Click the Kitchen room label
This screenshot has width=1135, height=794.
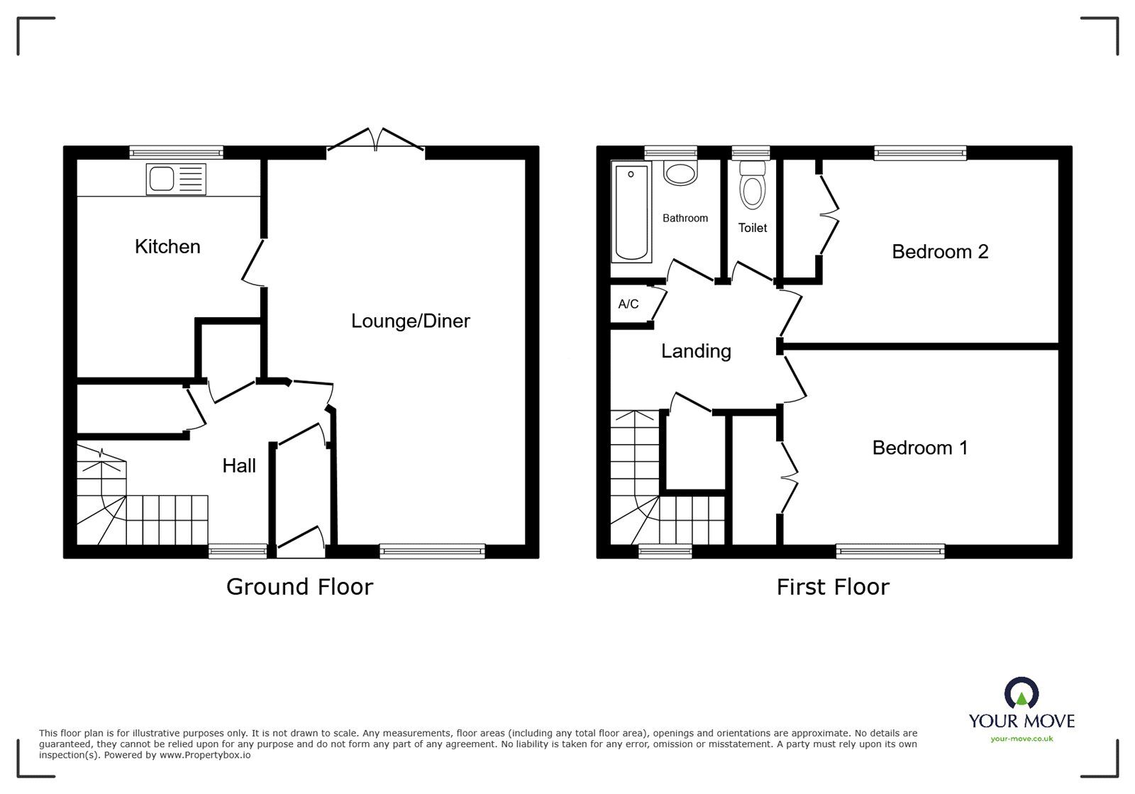coord(167,247)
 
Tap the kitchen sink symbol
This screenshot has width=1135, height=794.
coord(176,179)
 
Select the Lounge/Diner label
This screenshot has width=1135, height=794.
coord(410,321)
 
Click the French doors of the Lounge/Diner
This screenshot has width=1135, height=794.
coord(376,140)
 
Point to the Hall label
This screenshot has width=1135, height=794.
coord(239,466)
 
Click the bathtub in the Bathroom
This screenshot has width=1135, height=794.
coord(631,211)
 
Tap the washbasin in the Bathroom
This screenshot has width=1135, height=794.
coord(680,172)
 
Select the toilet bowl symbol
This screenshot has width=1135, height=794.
coord(752,187)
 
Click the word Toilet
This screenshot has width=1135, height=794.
coord(752,228)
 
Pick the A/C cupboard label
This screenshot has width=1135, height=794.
coord(629,304)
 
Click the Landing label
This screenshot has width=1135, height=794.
coord(696,351)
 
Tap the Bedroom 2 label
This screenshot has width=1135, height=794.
coord(940,252)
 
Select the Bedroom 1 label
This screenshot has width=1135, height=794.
coord(920,448)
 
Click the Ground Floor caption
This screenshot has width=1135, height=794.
coord(299,587)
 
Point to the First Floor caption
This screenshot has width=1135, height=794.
coord(832,587)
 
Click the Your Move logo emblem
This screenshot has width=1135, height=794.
coord(1021,693)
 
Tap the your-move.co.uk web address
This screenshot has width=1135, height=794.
coord(1021,739)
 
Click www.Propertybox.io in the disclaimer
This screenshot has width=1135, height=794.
coord(204,755)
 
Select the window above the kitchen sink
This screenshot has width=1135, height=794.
coord(177,152)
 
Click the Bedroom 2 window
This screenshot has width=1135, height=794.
coord(920,152)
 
